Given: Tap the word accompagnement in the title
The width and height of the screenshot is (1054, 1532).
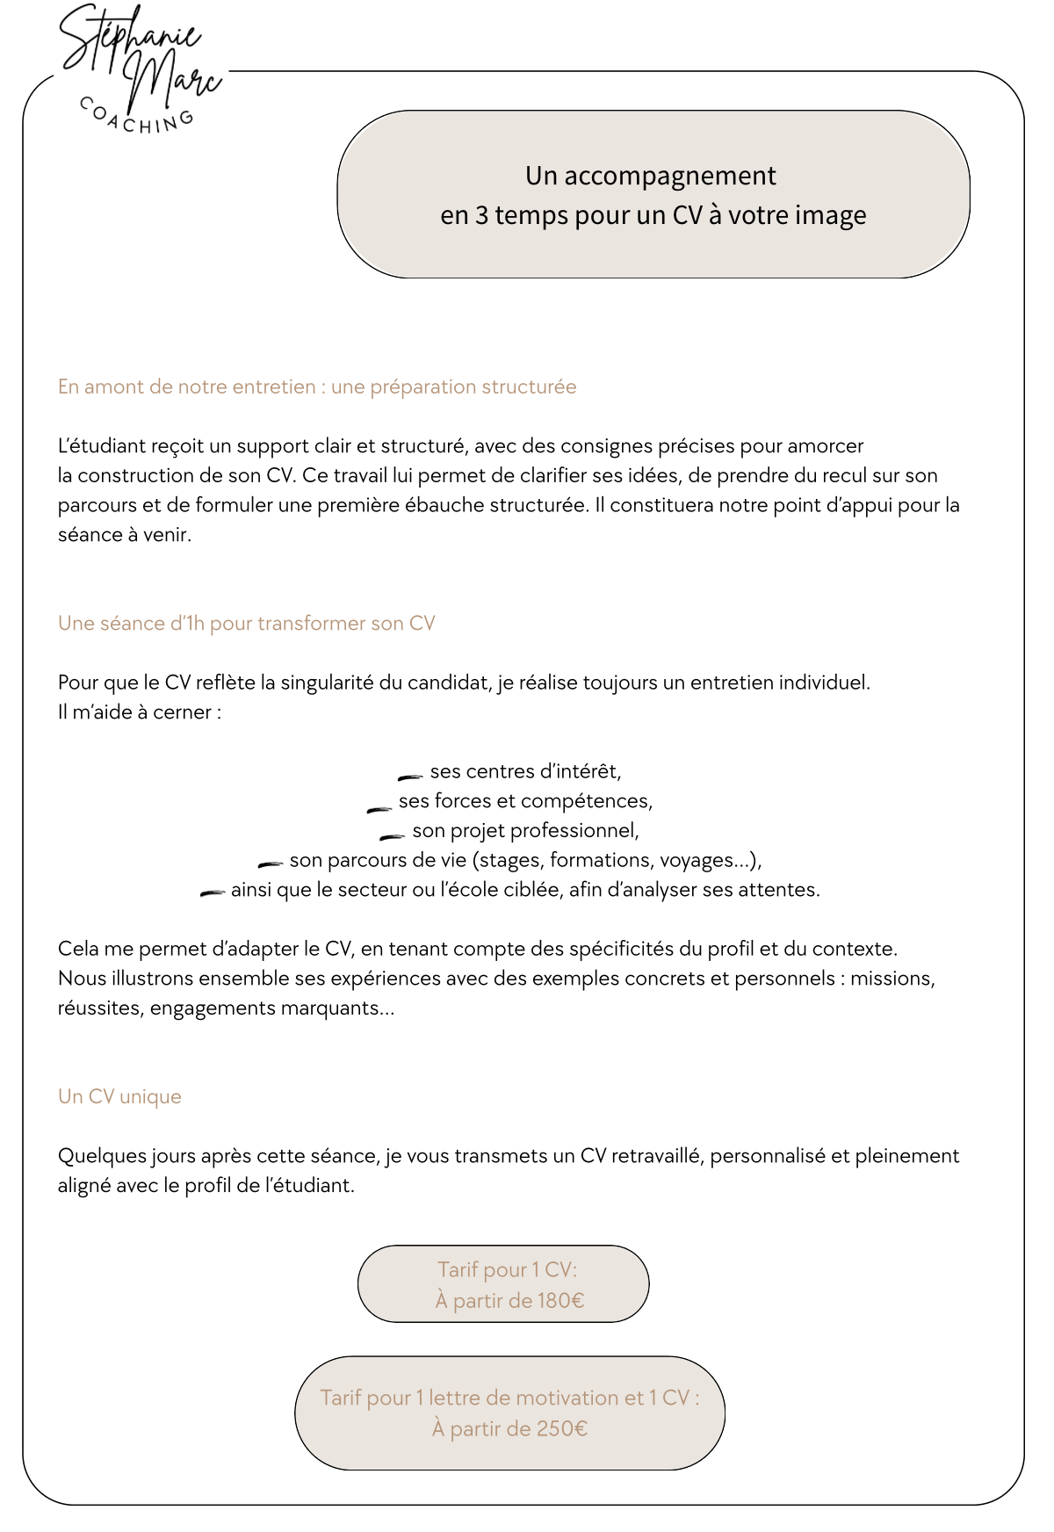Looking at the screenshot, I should (669, 176).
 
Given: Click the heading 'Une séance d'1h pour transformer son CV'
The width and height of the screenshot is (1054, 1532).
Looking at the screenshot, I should (247, 623).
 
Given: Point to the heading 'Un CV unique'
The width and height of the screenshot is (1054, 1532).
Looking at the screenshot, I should (119, 1096).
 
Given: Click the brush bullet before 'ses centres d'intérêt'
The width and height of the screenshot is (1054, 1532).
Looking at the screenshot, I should (410, 777).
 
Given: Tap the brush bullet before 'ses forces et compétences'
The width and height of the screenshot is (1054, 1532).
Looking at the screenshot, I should (379, 808).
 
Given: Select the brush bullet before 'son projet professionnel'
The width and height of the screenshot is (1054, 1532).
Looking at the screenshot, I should (392, 836).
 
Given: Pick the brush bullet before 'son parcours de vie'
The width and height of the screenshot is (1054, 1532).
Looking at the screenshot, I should (270, 864).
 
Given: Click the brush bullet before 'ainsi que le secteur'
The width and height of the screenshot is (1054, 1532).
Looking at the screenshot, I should (213, 893).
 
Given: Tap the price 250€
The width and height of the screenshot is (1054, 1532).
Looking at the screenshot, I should (562, 1428).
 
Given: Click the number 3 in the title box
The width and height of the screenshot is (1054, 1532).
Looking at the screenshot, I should (481, 215).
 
